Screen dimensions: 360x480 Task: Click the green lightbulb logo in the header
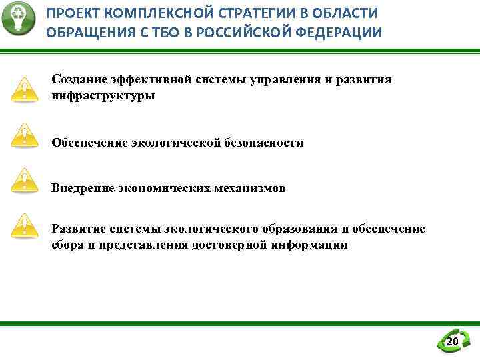coord(18,18)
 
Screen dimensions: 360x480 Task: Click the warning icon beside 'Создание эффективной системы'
coord(25,88)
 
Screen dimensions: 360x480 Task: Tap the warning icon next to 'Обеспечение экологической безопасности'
coord(25,135)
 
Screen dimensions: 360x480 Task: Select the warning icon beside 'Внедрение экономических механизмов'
coord(25,180)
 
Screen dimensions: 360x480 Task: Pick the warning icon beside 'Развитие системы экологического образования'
coord(25,225)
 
